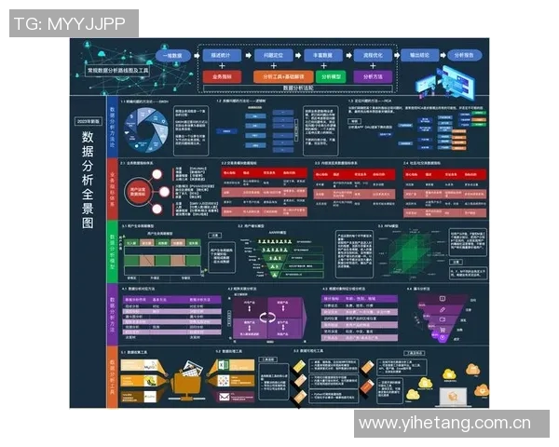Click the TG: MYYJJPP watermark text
74,23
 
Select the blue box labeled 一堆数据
173,56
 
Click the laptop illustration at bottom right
455,395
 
